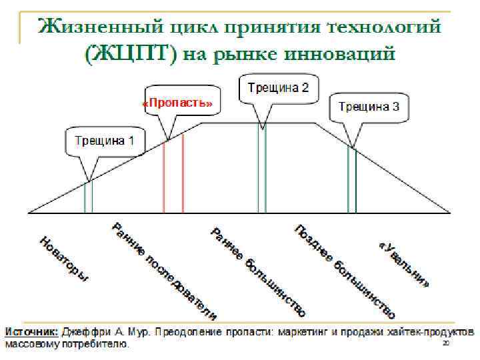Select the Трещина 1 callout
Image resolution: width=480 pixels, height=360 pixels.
coord(104,141)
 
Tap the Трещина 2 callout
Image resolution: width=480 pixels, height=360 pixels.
coord(278,87)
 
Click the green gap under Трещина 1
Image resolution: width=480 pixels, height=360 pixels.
coord(88,196)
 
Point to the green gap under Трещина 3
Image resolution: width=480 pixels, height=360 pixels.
coord(351,180)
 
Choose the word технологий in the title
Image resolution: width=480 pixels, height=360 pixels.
coord(385,27)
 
